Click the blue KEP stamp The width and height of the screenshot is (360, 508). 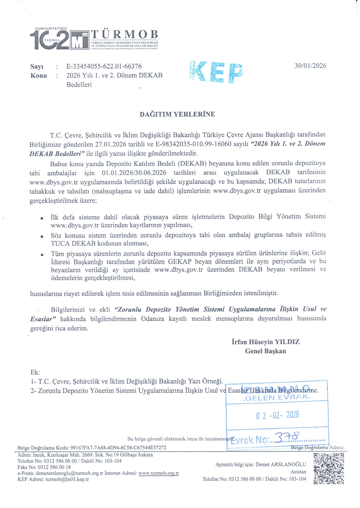point(216,72)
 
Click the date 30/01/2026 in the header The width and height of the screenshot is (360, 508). point(310,66)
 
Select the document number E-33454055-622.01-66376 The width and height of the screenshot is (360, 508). point(104,66)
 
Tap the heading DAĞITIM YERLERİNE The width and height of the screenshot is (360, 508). point(177,114)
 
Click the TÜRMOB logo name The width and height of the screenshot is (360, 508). point(125,34)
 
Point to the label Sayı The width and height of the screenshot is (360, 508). point(37,67)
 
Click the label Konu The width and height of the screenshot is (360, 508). point(39,76)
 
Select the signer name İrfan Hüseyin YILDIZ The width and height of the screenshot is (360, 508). point(265,342)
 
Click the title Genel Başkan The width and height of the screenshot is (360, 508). point(265,351)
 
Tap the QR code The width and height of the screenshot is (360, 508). point(329,469)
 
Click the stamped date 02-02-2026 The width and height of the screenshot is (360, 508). point(277,415)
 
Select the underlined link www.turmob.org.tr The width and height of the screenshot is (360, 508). point(159,473)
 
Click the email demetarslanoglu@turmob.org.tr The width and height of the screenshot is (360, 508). point(70,473)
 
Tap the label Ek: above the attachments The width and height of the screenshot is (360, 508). point(35,372)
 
